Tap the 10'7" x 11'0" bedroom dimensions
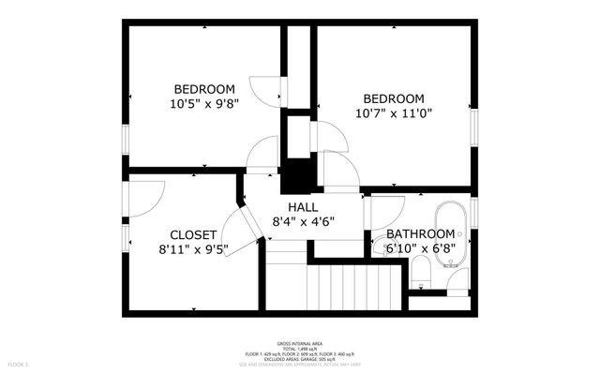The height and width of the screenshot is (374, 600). click(x=394, y=114)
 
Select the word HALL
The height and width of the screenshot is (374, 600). click(x=302, y=207)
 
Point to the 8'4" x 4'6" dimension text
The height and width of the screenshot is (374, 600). click(x=303, y=222)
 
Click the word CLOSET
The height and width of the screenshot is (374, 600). click(x=194, y=234)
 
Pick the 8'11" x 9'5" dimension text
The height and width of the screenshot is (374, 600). click(x=193, y=250)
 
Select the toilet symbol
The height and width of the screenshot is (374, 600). click(x=420, y=273)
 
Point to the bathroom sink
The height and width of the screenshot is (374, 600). click(x=457, y=279)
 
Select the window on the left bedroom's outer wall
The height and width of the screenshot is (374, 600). click(x=125, y=139)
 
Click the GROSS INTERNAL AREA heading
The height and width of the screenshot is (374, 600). click(x=300, y=344)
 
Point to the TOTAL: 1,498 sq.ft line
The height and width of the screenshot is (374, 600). click(x=300, y=349)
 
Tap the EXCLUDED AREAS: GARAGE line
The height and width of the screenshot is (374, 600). click(x=300, y=359)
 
